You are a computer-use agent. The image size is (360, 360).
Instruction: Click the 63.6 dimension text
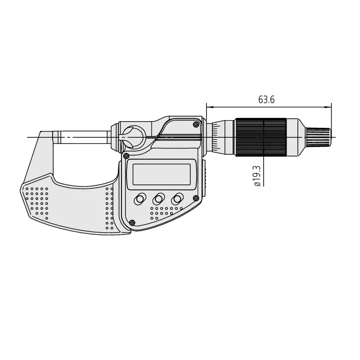266,100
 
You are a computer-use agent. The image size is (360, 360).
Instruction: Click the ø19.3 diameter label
257,176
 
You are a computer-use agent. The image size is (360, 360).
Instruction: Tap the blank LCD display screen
162,174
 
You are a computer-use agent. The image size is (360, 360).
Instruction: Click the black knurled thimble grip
261,137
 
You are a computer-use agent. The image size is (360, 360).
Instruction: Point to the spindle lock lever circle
133,137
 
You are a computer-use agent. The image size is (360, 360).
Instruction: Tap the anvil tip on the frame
57,137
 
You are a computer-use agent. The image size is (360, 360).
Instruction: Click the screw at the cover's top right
196,124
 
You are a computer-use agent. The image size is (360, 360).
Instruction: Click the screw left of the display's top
126,156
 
